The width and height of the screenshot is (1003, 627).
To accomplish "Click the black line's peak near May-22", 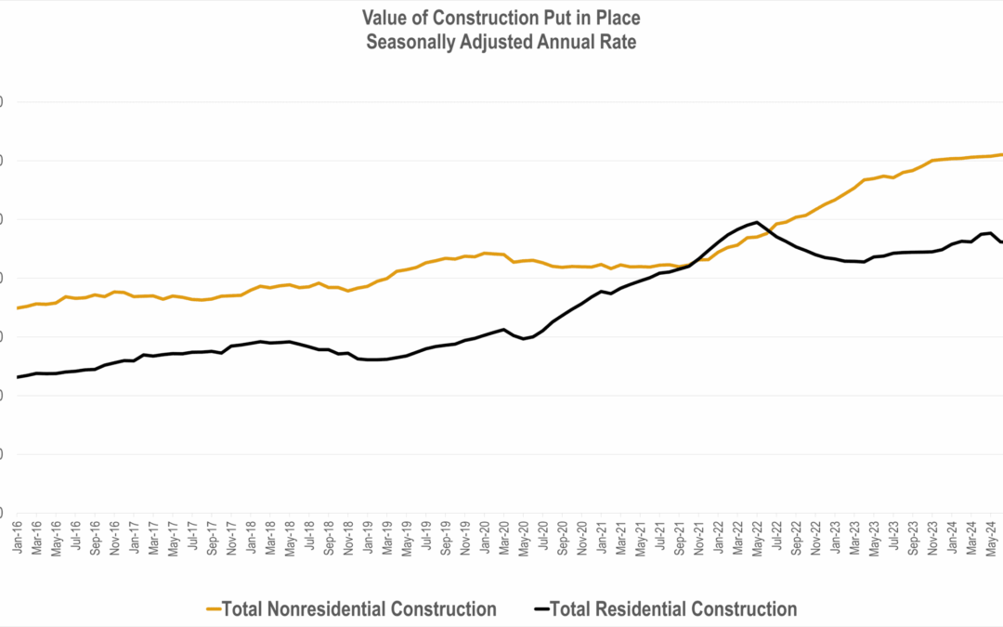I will [x=757, y=222].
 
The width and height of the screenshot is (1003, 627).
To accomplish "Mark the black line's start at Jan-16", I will [x=19, y=376].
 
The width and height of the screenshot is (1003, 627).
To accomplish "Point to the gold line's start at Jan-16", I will [x=19, y=307].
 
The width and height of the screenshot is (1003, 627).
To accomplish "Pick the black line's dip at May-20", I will [x=524, y=339].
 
